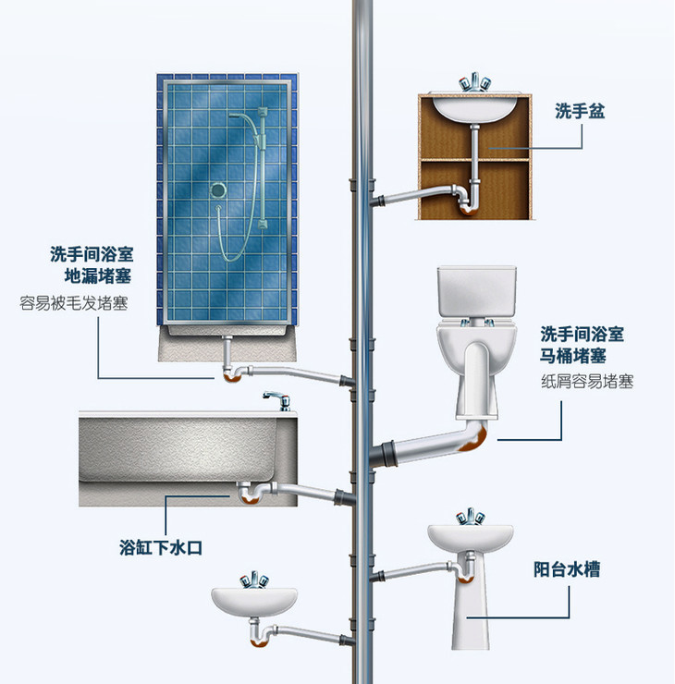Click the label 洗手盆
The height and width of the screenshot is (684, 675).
[x=579, y=111]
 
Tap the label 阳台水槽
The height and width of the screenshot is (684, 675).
[x=567, y=569]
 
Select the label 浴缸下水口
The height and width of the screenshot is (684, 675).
[x=161, y=547]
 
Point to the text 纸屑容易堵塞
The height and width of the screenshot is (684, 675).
[x=587, y=380]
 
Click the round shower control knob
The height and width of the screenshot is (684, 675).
[x=218, y=190]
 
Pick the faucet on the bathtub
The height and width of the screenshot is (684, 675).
[x=276, y=399]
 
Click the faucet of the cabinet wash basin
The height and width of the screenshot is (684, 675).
[x=475, y=82]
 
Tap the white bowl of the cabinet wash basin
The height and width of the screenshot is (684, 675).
[x=476, y=109]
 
